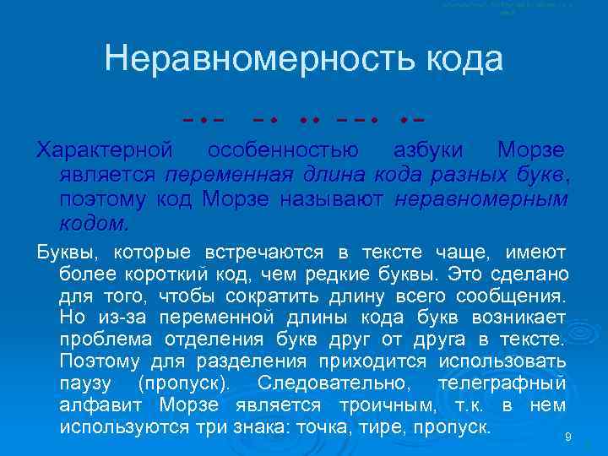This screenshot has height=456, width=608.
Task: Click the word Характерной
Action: pyautogui.click(x=105, y=151)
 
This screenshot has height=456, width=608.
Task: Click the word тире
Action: pyautogui.click(x=368, y=426)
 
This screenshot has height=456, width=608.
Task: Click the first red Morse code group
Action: pyautogui.click(x=208, y=119)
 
